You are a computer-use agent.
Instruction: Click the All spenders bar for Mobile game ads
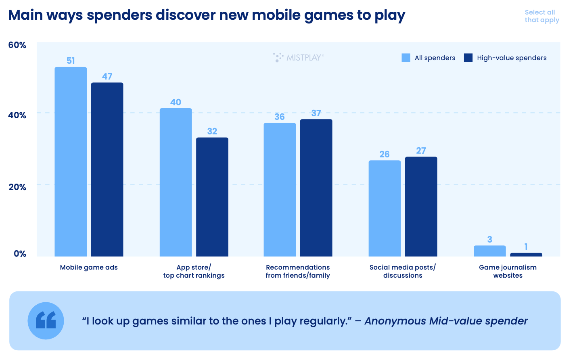(x=71, y=161)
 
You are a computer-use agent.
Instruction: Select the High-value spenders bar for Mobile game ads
(x=107, y=170)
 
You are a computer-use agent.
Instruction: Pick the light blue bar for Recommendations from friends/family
(x=280, y=190)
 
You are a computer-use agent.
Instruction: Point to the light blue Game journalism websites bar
(x=489, y=251)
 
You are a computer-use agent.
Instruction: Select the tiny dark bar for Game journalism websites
(x=526, y=255)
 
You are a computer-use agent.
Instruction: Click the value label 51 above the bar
(x=71, y=61)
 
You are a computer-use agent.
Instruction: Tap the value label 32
(x=212, y=131)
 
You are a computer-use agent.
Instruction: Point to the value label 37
(x=316, y=113)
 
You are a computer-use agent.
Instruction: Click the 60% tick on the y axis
(x=17, y=45)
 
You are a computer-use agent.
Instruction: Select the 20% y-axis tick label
(x=17, y=187)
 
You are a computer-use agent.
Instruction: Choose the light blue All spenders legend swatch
(x=406, y=58)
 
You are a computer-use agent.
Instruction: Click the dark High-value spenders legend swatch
(x=468, y=58)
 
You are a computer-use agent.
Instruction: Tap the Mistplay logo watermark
(x=298, y=57)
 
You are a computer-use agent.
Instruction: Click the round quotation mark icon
(x=46, y=321)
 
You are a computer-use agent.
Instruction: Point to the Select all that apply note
(x=541, y=16)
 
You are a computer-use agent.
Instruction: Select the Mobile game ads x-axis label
(x=89, y=267)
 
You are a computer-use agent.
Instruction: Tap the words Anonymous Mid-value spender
(x=446, y=321)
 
